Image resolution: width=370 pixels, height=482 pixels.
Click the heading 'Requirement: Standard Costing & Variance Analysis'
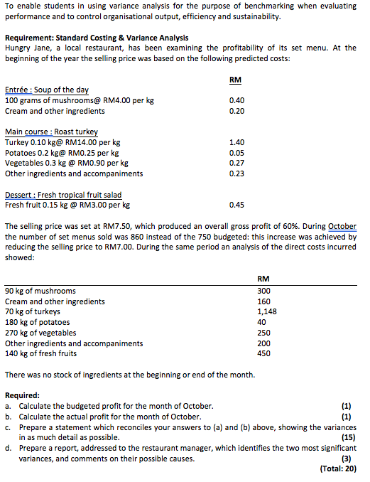tap(97, 37)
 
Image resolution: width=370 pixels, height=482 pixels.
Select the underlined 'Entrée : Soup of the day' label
tap(47, 90)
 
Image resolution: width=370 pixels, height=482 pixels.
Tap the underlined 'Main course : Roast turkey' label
tap(51, 132)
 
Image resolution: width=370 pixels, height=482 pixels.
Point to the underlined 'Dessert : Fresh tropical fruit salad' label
tap(63, 195)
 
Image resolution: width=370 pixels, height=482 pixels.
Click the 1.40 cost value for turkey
tap(238, 142)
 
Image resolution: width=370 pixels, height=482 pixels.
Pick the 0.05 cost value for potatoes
tap(238, 153)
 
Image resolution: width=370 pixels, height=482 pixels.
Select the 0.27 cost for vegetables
tap(238, 163)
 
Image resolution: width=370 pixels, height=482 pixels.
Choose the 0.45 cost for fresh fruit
tap(238, 205)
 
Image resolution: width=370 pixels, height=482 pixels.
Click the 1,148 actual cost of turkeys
tap(266, 311)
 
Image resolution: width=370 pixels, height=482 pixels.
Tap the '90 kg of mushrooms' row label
tap(40, 291)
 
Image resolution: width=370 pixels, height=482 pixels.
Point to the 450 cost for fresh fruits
tap(263, 353)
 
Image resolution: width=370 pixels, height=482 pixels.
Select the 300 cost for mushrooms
tap(263, 291)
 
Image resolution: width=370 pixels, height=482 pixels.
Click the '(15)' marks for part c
tap(349, 437)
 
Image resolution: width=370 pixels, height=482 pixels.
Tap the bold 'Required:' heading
tap(23, 395)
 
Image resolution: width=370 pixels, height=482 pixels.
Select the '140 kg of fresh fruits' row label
tap(40, 353)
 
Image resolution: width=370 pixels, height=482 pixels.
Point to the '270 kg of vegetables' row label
tap(40, 333)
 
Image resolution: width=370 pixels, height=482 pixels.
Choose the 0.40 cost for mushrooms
tap(238, 100)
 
